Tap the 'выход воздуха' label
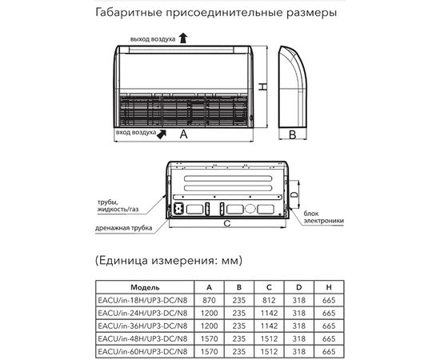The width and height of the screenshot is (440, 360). (154, 38)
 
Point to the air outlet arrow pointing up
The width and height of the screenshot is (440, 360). (184, 37)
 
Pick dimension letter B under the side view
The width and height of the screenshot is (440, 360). (293, 134)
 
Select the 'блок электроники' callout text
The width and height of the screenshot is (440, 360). (323, 218)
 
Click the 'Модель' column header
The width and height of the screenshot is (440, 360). (145, 286)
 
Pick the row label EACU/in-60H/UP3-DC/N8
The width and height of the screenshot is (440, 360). (145, 351)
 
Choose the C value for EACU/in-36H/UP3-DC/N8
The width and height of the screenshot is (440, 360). (268, 326)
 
